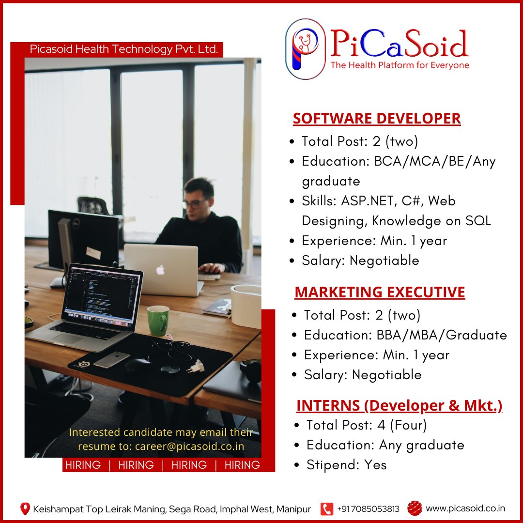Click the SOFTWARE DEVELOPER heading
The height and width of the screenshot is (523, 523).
(376, 119)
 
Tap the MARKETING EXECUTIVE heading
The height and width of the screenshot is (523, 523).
(380, 292)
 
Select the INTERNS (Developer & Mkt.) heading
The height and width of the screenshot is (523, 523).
(399, 405)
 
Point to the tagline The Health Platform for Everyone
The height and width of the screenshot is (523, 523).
(400, 65)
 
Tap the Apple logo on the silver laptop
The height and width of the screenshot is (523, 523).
(160, 270)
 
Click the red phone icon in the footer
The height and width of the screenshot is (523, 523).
(327, 508)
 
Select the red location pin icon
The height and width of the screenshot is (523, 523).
(25, 508)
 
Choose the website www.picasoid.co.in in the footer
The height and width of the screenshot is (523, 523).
(465, 508)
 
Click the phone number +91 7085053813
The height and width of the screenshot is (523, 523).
(368, 508)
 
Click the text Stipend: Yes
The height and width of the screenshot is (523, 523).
(346, 465)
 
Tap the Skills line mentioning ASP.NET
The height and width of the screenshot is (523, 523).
(378, 200)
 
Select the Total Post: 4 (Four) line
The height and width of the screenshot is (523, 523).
(366, 425)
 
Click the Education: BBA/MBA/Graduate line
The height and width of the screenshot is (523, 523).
(405, 335)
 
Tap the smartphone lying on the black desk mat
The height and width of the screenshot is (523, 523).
(111, 359)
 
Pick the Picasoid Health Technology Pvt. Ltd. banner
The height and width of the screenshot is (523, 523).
(123, 49)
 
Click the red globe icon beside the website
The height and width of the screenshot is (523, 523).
(415, 508)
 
